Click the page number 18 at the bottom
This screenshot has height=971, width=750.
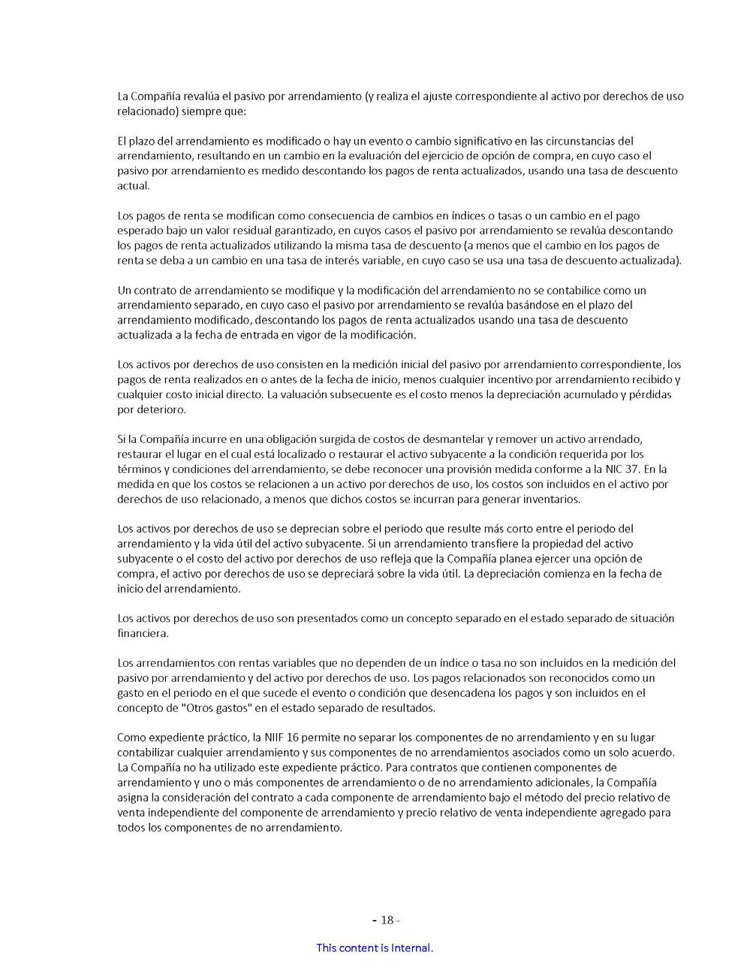tap(387, 920)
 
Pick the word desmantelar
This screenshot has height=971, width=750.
tap(457, 439)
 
